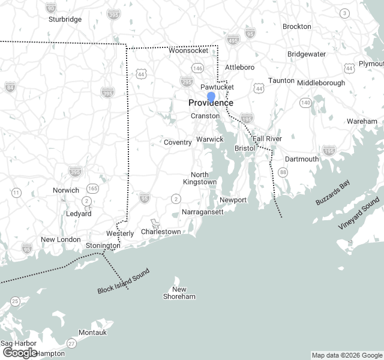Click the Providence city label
coord(211,103)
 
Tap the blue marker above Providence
coord(211,96)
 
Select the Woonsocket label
coord(188,51)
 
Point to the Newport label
coord(233,200)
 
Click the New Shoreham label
coord(179,292)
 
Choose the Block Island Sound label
coord(123,281)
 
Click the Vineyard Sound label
coord(359,213)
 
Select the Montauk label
coord(92,332)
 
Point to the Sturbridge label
coord(65,19)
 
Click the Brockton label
coord(297,26)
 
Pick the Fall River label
coord(267,139)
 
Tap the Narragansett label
coord(202,212)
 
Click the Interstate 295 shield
coord(187,82)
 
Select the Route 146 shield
coord(197,68)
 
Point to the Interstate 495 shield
coord(233,40)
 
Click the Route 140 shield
coord(306,103)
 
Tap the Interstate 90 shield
coord(51,8)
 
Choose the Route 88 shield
coord(283,172)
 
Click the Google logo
coord(20,352)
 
